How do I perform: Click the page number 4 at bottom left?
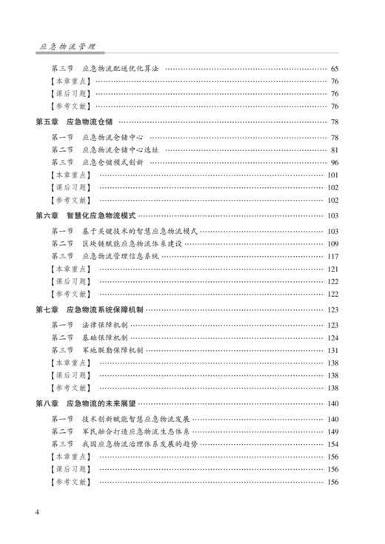click(x=37, y=511)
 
